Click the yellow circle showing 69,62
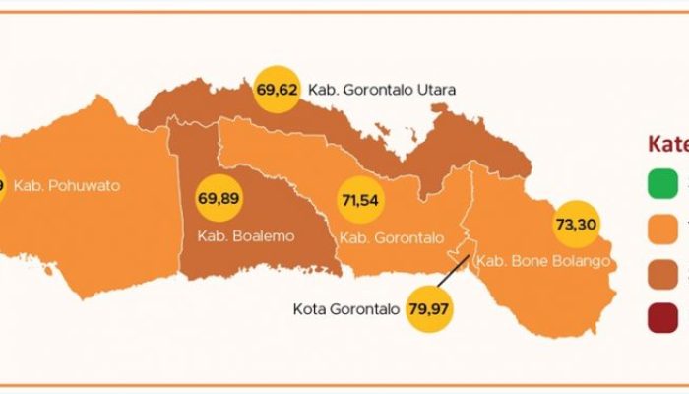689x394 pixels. click(x=277, y=88)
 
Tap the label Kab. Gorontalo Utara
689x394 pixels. click(x=382, y=90)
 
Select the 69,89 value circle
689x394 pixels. click(x=219, y=198)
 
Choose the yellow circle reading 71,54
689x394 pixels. click(x=360, y=199)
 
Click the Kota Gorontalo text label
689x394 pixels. click(x=346, y=309)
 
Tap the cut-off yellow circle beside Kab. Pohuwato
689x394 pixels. click(x=2, y=185)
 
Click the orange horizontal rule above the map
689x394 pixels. click(x=344, y=12)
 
